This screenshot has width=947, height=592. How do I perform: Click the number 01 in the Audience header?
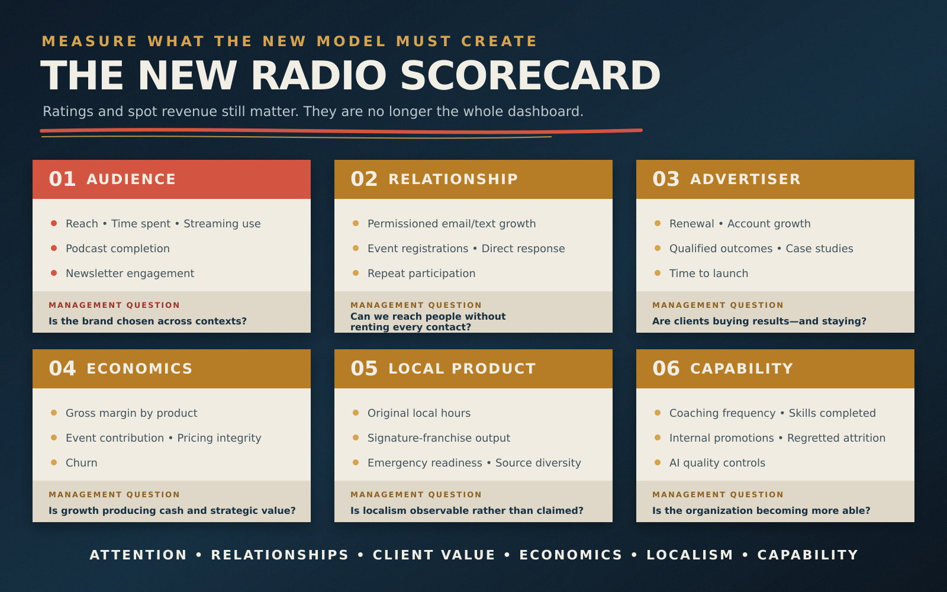[x=62, y=179]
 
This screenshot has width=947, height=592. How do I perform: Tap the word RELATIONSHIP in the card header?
[x=453, y=179]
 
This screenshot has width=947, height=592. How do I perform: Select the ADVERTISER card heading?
[x=745, y=179]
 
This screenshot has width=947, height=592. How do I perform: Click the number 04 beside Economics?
[x=62, y=368]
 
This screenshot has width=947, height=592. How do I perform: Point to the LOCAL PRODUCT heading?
[x=462, y=368]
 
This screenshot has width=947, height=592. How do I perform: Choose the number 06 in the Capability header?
[x=666, y=368]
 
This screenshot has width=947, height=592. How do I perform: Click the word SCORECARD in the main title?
[x=530, y=76]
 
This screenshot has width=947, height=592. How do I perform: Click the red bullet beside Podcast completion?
[x=54, y=248]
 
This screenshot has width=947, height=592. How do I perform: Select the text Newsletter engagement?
[x=130, y=273]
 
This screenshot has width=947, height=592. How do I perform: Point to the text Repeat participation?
[x=421, y=273]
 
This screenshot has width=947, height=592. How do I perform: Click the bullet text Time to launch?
[x=708, y=273]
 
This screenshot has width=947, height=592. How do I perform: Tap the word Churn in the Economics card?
[x=81, y=462]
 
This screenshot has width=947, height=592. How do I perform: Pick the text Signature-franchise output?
[x=439, y=437]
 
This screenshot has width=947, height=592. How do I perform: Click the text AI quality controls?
[x=717, y=462]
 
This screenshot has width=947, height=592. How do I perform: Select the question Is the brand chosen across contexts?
[x=147, y=321]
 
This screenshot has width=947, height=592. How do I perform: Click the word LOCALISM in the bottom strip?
[x=690, y=555]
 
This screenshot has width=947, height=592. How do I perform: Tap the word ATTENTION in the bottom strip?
[x=138, y=555]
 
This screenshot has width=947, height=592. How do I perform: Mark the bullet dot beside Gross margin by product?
[x=54, y=413]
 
